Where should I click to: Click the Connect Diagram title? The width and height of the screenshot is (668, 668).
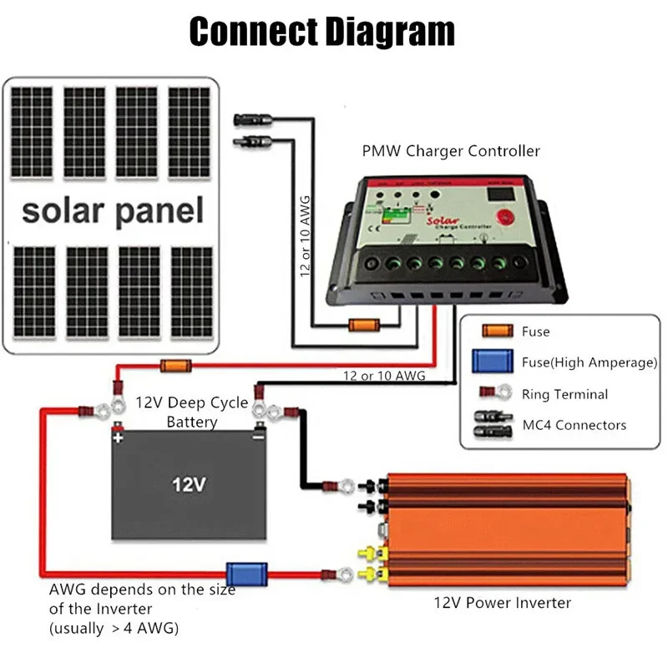[x=322, y=32]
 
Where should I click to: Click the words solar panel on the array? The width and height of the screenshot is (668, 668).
[x=113, y=210]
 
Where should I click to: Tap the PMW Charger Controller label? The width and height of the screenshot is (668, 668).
[x=451, y=151]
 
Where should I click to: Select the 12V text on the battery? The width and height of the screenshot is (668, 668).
[x=188, y=483]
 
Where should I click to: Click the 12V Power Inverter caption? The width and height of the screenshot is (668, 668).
[x=502, y=602]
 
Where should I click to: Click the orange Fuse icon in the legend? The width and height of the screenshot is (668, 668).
[x=493, y=331]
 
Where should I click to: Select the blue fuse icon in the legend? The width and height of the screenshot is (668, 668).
[x=493, y=362]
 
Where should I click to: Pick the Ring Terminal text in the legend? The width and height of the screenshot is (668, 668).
[x=564, y=394]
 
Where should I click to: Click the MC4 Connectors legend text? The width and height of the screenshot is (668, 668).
[x=573, y=425]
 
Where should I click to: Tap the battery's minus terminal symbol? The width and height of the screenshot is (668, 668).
[x=258, y=437]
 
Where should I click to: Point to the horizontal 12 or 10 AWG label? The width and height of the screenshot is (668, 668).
[x=384, y=376]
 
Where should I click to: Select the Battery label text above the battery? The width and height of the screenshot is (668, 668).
[x=192, y=422]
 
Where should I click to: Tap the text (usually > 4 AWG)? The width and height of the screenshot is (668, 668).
[x=114, y=627]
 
